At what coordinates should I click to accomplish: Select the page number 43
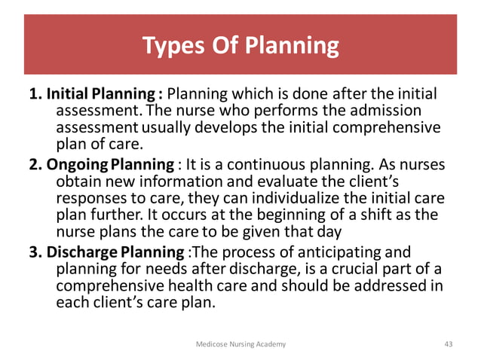click(x=449, y=343)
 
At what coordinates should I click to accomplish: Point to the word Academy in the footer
click(x=271, y=343)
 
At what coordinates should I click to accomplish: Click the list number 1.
click(x=35, y=96)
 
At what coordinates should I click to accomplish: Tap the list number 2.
click(x=35, y=165)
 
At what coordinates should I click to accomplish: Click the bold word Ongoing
click(x=77, y=165)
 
